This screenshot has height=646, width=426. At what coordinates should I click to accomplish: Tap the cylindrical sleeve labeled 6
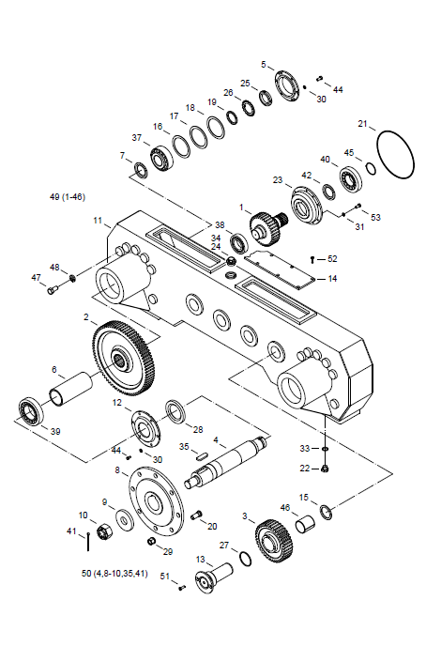point(70,389)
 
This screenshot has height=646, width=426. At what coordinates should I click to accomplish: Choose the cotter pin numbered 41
point(88,542)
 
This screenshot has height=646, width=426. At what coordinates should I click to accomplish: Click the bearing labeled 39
point(31,411)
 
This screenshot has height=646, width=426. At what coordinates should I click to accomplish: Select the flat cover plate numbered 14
point(280,268)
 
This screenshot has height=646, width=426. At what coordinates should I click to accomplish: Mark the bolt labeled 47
point(53,291)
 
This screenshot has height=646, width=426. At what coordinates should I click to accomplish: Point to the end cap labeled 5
point(287,86)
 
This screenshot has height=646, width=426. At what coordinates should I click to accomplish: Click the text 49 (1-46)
point(68,197)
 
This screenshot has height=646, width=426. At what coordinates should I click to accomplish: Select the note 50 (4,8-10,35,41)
point(114,573)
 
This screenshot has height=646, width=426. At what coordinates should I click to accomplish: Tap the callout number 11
point(98,221)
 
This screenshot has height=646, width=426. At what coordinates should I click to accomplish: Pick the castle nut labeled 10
point(103,531)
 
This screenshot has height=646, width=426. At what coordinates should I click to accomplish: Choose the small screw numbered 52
point(312,259)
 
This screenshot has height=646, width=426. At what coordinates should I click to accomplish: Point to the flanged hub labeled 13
point(214,577)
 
